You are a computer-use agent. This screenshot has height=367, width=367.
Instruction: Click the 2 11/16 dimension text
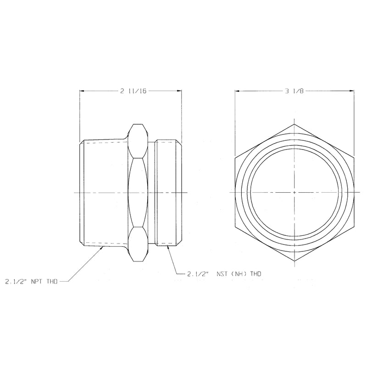tap(133, 91)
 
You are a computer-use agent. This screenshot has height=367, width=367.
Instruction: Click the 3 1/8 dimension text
tap(294, 91)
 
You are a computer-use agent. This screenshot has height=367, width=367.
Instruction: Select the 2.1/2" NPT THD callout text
tap(31, 282)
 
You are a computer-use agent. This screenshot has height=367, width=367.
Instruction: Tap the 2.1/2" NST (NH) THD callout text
tap(224, 273)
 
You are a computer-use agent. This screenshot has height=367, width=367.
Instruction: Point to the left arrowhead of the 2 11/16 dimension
tap(82, 91)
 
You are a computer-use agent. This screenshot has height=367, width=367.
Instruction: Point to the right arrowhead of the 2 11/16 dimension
tap(179, 91)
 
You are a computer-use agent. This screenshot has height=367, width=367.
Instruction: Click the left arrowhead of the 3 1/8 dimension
tap(237, 91)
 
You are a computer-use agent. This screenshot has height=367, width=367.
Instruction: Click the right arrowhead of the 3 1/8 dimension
tap(351, 91)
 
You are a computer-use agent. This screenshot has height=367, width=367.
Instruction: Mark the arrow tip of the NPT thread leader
tap(102, 247)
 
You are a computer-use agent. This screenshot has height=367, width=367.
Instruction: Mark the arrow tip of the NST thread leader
tap(167, 246)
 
